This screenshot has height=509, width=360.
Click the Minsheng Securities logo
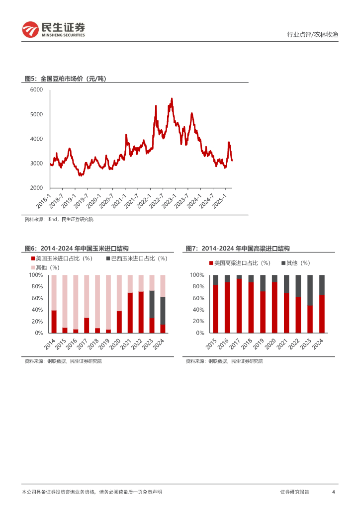click(54, 30)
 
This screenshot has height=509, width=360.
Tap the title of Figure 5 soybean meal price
click(66, 79)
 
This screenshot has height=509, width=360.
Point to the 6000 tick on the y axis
click(36, 90)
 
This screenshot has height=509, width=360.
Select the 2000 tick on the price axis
click(36, 188)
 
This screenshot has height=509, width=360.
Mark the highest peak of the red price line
click(172, 99)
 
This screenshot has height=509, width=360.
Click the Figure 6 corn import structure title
click(77, 249)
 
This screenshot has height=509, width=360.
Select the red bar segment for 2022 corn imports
click(141, 312)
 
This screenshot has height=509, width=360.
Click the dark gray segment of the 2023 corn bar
click(152, 304)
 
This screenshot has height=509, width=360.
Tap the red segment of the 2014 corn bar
click(54, 322)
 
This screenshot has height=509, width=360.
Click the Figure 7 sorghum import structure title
click(238, 249)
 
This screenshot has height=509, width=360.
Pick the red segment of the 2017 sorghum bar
click(239, 306)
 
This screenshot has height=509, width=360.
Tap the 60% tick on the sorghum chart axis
click(197, 298)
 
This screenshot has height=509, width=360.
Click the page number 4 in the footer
click(333, 492)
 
